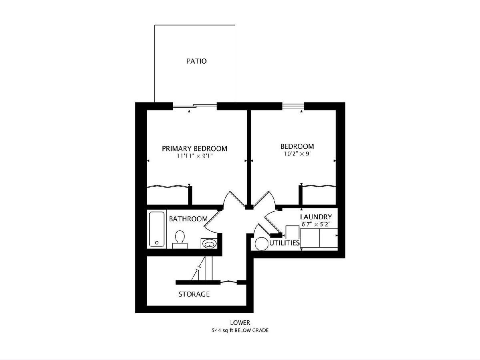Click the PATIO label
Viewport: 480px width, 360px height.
(x=196, y=61)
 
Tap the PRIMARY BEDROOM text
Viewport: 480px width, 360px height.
(x=194, y=149)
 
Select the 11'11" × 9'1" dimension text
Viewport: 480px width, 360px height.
(x=195, y=156)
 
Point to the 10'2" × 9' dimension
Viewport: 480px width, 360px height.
(x=298, y=154)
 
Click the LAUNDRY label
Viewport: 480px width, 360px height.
(x=316, y=217)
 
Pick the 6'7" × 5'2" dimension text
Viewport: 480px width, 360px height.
(x=316, y=224)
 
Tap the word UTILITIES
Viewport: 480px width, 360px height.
(x=284, y=243)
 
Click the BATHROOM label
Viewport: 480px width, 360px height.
(x=188, y=219)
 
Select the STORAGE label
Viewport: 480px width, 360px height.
(x=194, y=294)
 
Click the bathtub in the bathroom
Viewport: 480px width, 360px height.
(x=156, y=229)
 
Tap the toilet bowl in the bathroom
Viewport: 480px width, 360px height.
(x=180, y=237)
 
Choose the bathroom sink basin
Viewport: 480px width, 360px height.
(x=210, y=244)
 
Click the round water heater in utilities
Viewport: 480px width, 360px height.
(x=262, y=244)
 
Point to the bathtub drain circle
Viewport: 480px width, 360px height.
(x=156, y=243)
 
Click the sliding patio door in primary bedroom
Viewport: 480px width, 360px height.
(x=195, y=106)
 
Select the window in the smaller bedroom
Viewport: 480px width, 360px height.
(x=293, y=106)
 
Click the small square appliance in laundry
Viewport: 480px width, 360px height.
(x=292, y=232)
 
